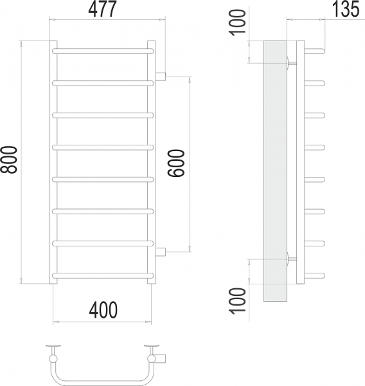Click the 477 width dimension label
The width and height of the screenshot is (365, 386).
(x=102, y=10)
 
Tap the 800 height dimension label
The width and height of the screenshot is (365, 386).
(x=9, y=160)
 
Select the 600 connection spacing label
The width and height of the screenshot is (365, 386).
(x=176, y=163)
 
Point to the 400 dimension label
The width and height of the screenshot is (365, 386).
(x=103, y=310)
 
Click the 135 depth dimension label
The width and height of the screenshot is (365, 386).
(x=346, y=10)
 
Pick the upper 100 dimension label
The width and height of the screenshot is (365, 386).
(x=238, y=23)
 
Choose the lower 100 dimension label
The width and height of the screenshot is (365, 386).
(x=238, y=301)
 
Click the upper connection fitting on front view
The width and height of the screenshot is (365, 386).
(x=161, y=77)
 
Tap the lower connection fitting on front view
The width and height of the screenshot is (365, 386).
(x=161, y=252)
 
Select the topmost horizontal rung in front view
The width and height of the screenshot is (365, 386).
(x=103, y=51)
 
